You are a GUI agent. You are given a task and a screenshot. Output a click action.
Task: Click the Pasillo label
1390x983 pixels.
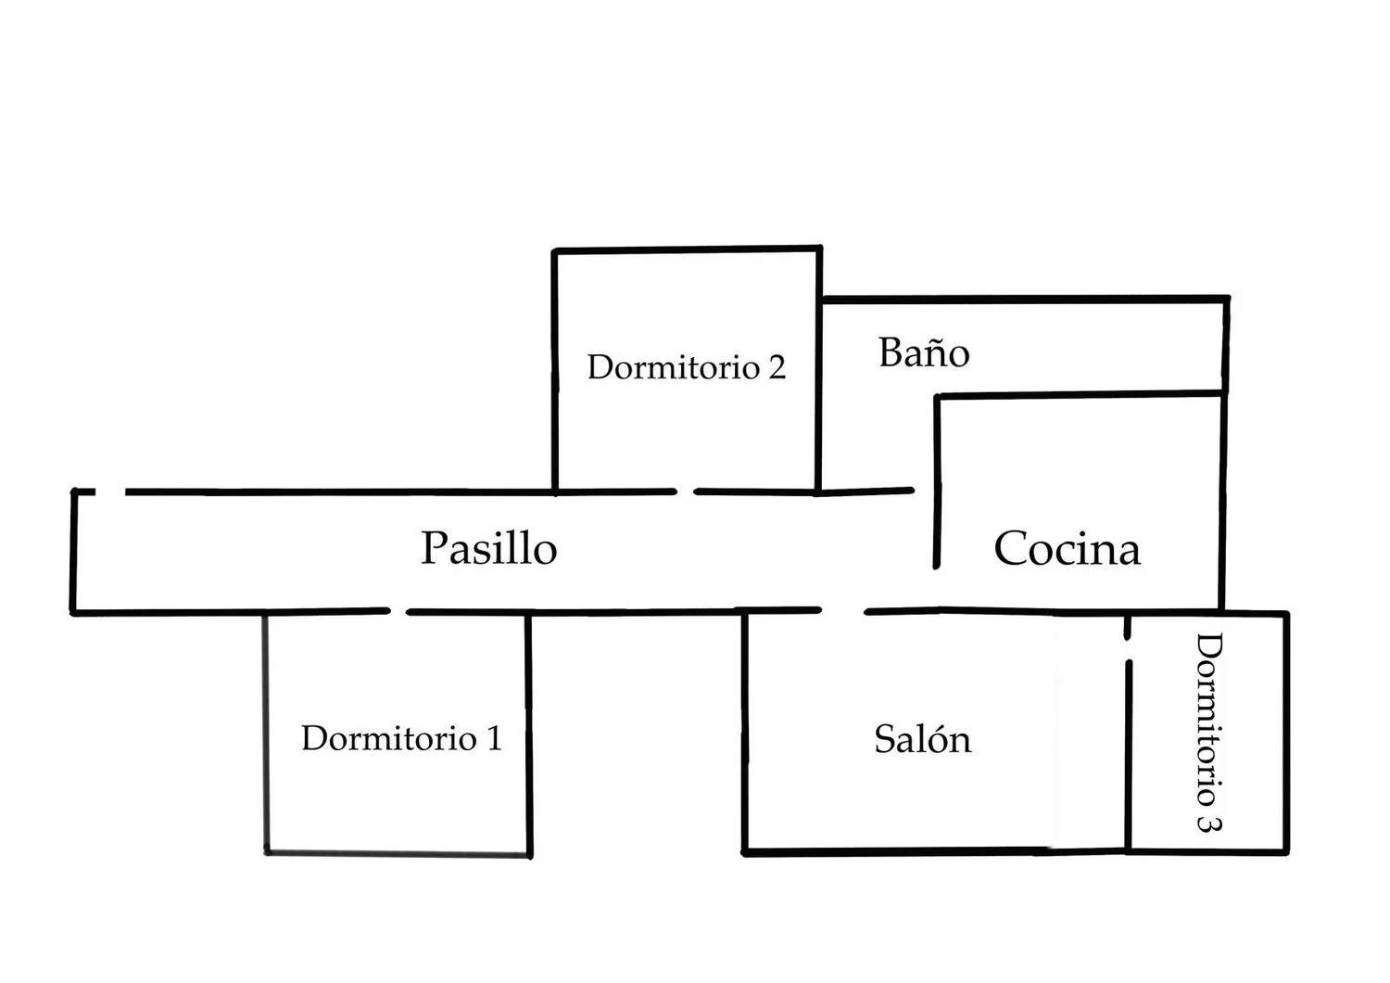[489, 548]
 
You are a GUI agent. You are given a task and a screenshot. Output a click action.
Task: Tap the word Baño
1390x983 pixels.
[924, 352]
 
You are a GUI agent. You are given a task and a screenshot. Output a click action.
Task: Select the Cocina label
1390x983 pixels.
[1068, 548]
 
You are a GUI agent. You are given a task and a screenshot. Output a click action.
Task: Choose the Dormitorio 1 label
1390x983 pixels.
[401, 738]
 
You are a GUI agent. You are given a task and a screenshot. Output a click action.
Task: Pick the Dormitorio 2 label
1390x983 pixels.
[687, 366]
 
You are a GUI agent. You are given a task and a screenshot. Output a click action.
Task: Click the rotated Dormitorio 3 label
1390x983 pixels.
[1208, 733]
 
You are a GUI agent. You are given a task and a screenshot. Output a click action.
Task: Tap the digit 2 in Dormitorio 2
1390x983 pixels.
[777, 367]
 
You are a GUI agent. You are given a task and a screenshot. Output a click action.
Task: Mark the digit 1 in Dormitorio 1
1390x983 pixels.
[495, 738]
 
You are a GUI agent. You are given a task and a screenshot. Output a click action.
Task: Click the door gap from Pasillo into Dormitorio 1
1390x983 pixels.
[398, 611]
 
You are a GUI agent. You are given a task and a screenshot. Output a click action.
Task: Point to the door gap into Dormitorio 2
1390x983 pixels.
[685, 491]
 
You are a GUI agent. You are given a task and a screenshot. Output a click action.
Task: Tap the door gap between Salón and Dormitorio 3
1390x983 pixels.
[1128, 649]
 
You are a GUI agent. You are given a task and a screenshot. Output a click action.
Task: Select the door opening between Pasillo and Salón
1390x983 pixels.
[842, 611]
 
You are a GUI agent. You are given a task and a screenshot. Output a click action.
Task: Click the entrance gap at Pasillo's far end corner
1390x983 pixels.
[110, 491]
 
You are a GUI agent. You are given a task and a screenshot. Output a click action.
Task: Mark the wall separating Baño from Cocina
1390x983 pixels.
[1080, 394]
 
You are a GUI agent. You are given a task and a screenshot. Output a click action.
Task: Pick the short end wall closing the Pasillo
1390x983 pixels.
[73, 552]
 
